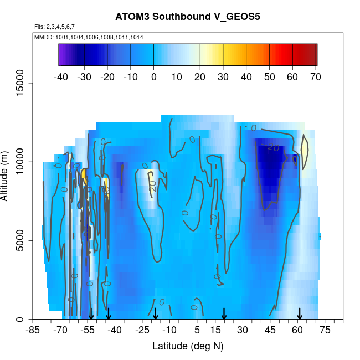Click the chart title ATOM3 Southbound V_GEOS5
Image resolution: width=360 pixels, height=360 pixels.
188,17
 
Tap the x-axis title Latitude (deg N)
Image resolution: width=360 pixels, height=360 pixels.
188,346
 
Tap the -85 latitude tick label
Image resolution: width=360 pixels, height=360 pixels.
34,331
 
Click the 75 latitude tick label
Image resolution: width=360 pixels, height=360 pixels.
325,331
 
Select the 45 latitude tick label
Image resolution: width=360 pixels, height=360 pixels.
270,331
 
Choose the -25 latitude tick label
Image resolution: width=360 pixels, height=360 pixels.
142,331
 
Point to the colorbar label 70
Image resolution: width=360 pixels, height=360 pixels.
316,77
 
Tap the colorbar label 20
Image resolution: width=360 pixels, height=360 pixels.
200,77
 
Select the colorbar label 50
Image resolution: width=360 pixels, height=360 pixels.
270,77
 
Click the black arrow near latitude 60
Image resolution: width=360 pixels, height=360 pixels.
299,315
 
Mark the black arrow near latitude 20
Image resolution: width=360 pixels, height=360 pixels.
224,315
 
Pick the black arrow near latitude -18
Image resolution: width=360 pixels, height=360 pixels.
156,315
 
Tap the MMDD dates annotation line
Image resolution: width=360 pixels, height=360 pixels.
89,37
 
